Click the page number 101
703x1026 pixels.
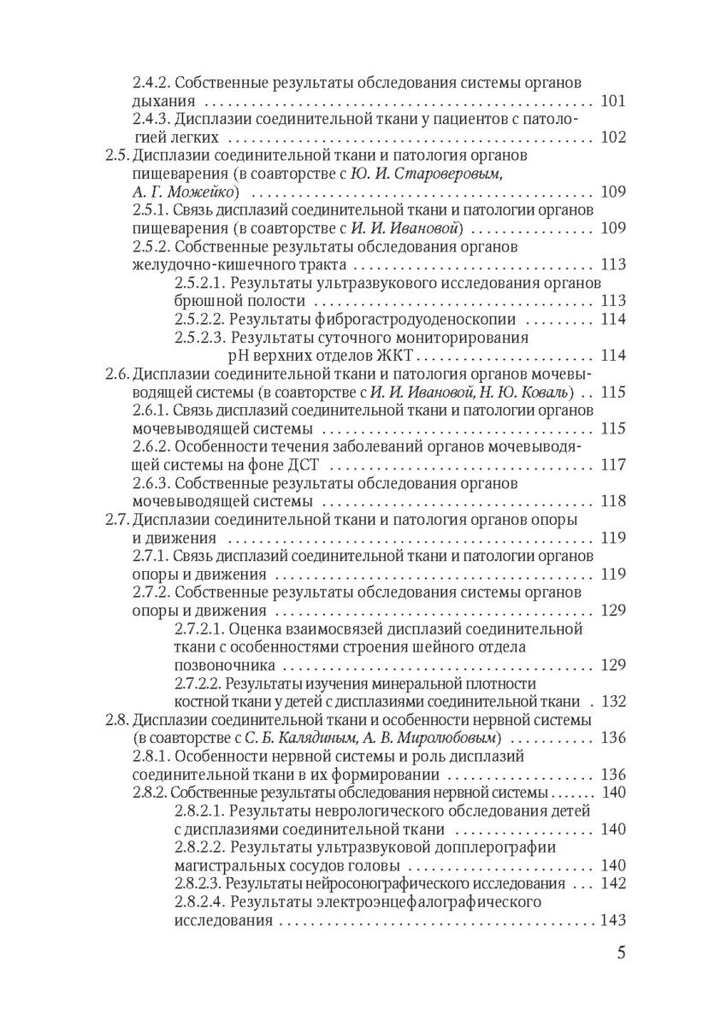tap(613, 101)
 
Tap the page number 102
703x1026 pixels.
tap(613, 137)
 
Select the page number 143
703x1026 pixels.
tap(613, 920)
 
